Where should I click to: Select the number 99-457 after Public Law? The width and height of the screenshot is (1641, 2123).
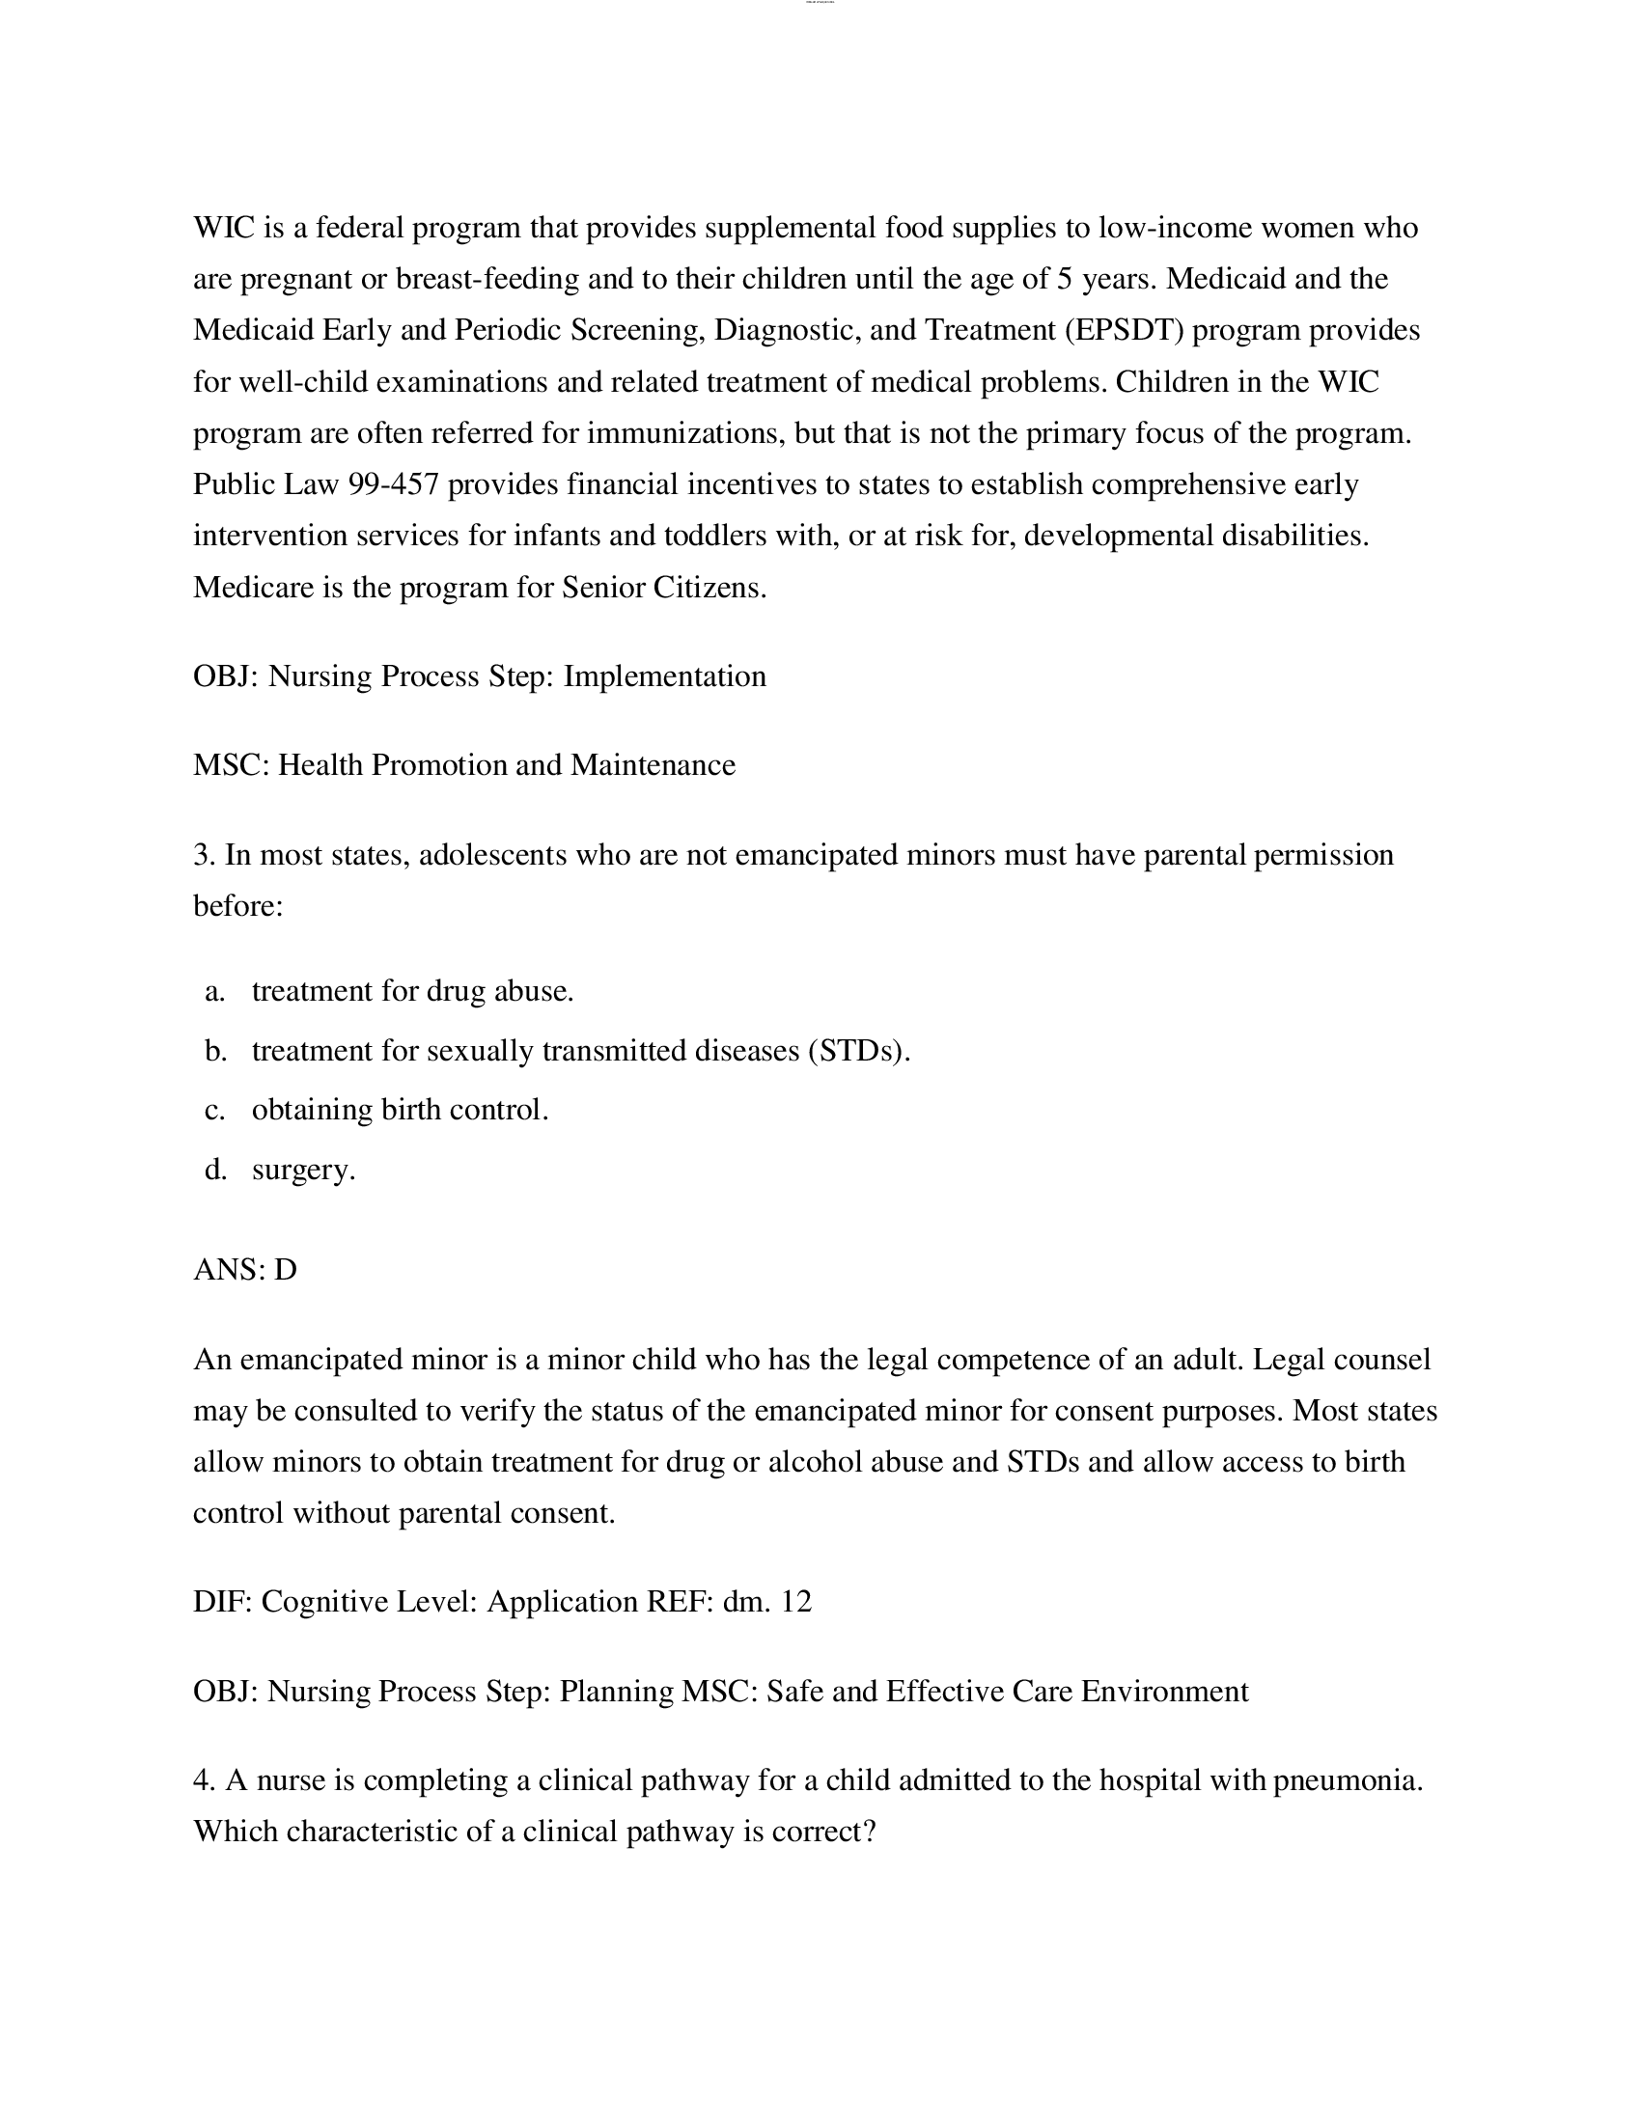click(394, 484)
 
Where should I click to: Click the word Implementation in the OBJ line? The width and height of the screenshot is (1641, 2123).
click(665, 675)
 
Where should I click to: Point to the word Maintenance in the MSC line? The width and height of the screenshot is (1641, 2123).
click(653, 765)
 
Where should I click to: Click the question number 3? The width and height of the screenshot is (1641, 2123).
click(202, 854)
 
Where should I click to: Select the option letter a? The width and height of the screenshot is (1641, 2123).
click(214, 990)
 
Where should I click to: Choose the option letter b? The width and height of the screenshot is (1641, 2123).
click(215, 1051)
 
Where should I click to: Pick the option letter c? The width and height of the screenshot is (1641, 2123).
click(214, 1109)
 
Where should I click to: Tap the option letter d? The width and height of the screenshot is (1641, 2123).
click(215, 1169)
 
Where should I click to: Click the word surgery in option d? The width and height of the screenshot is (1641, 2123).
click(303, 1170)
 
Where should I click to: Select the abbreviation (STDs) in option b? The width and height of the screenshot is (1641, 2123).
click(858, 1051)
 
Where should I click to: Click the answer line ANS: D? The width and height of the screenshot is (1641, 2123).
click(245, 1270)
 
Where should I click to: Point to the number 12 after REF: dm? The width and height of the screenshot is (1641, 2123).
click(795, 1601)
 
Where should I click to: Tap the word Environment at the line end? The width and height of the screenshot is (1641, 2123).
click(1165, 1691)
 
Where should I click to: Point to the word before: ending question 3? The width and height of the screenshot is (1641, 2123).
click(238, 906)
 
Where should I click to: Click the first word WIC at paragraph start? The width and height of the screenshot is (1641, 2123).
click(224, 228)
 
